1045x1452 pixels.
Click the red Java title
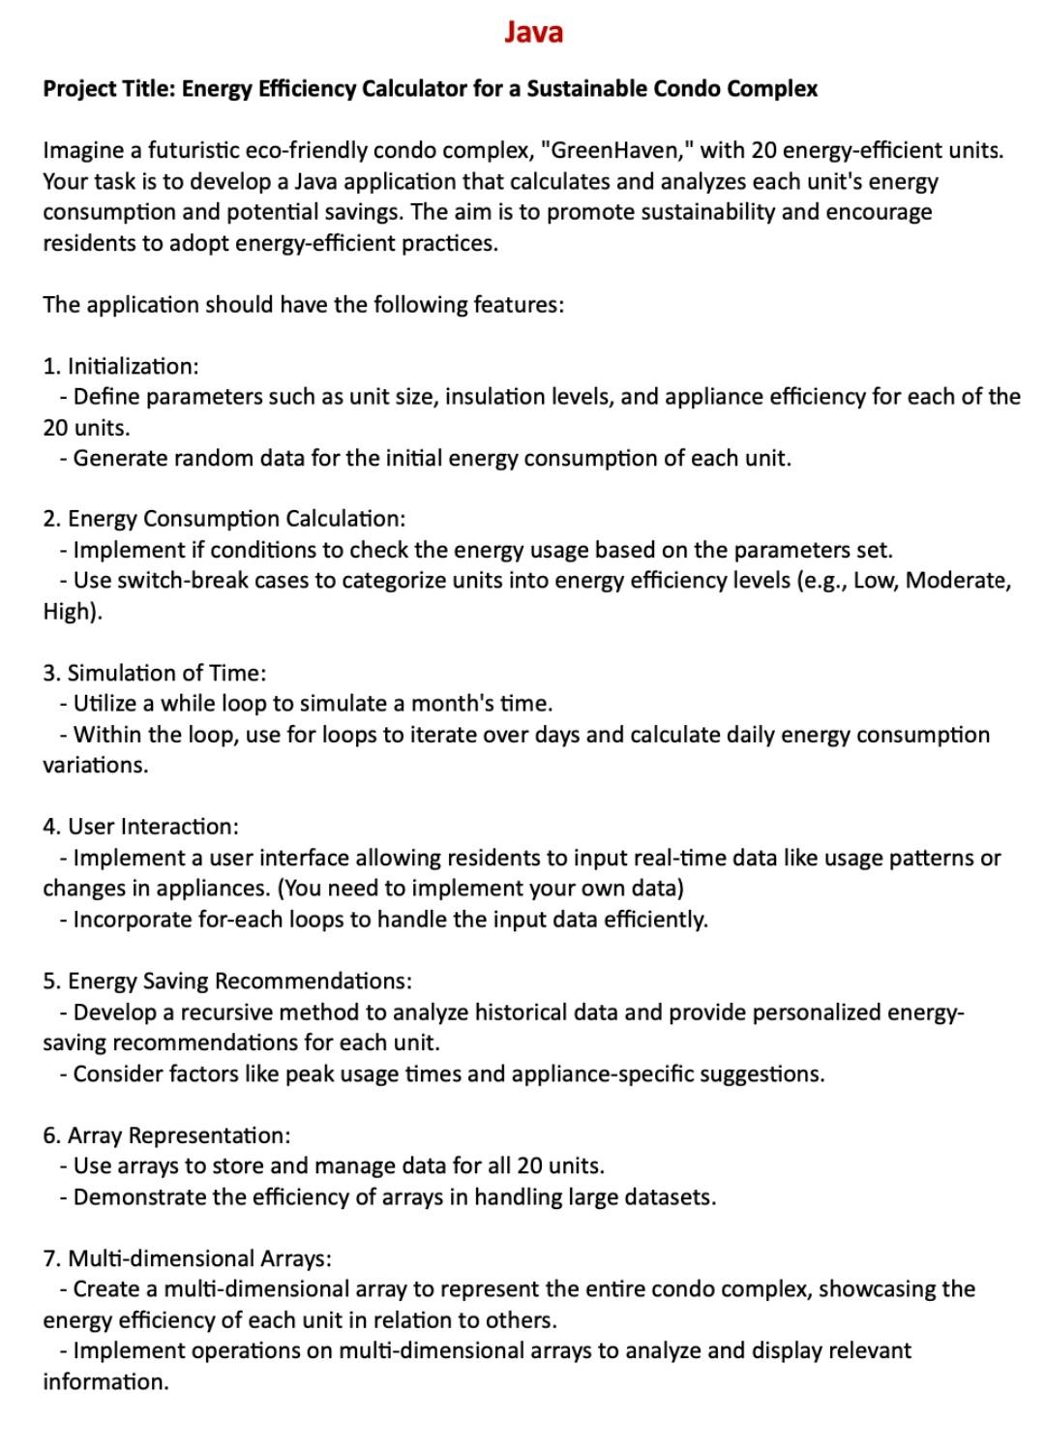click(x=533, y=33)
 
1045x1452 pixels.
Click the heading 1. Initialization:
click(x=121, y=366)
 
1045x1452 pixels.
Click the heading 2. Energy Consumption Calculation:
click(x=224, y=519)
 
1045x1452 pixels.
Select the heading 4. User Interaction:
click(x=140, y=827)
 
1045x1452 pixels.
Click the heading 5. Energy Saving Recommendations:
click(x=227, y=981)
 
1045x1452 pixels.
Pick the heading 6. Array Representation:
click(x=166, y=1134)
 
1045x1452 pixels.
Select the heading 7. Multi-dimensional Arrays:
click(x=187, y=1258)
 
